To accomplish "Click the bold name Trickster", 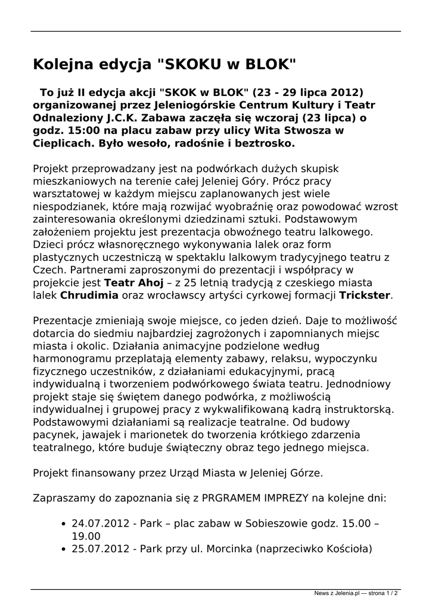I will click(365, 295).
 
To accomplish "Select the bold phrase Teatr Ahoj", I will click(130, 282).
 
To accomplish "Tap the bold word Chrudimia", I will click(89, 295).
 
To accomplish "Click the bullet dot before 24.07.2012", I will click(64, 524).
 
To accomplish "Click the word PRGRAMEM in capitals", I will click(234, 497).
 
